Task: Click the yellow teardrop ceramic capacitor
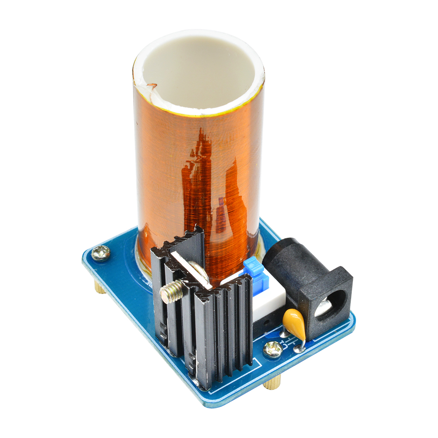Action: [294, 322]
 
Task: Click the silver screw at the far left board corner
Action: [101, 253]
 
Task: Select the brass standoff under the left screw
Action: [100, 287]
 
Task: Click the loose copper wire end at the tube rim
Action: [150, 86]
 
